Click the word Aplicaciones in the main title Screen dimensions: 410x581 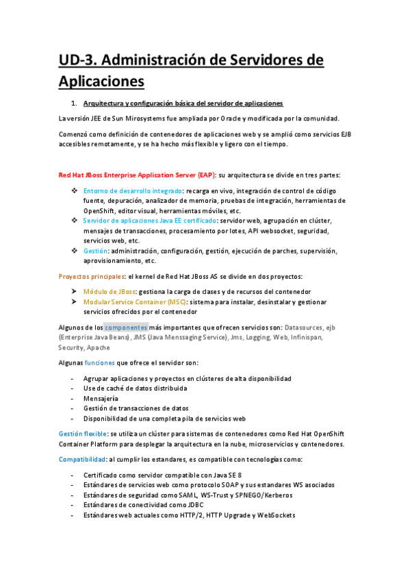click(x=101, y=81)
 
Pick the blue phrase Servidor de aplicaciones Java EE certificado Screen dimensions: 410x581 click(x=149, y=221)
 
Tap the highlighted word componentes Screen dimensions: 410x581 click(x=125, y=327)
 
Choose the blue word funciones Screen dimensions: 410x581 click(x=99, y=362)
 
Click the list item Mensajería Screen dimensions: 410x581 click(x=101, y=398)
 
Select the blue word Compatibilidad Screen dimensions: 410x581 click(x=81, y=458)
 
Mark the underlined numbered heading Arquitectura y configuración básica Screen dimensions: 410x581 click(x=183, y=103)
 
